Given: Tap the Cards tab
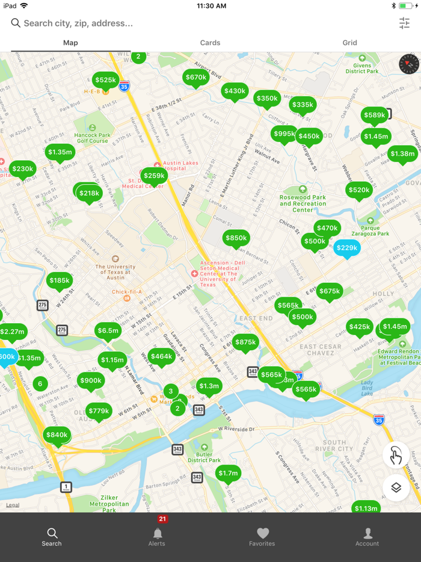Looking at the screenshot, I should point(210,43).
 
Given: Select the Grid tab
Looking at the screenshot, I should point(349,43).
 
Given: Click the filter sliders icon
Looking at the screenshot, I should point(404,23).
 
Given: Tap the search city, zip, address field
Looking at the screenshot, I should point(180,23).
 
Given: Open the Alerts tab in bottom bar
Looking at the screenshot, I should point(157,536).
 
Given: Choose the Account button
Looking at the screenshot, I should point(367,536).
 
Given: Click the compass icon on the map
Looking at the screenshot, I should point(408,64).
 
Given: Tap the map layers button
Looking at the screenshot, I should point(396,488).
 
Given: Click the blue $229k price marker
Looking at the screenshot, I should point(346,248).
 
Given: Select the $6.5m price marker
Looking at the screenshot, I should point(108,330).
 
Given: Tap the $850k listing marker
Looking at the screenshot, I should point(236,238).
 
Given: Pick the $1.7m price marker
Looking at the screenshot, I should point(228,474).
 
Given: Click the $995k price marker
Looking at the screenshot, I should point(284,134).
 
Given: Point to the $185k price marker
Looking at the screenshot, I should point(60,280).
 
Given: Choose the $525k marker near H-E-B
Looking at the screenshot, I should point(105,80).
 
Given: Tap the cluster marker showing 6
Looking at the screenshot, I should point(40,383).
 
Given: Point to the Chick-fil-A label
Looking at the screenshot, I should point(126,292).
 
